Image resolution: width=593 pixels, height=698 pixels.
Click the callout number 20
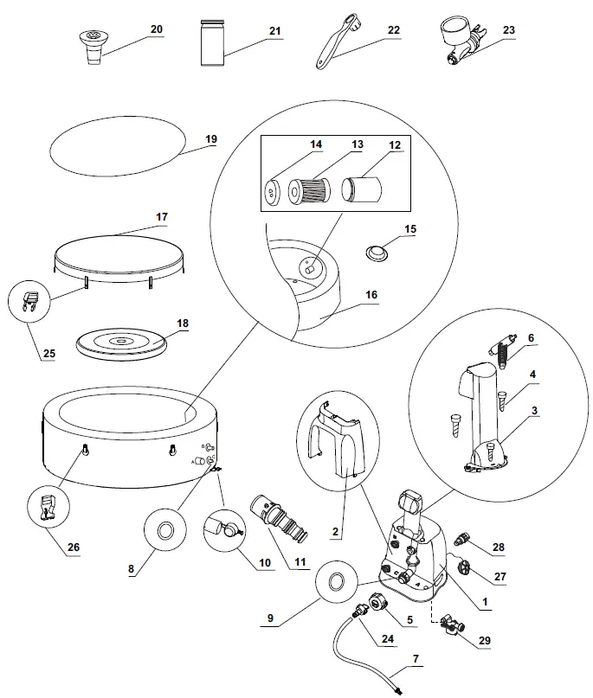(x=156, y=29)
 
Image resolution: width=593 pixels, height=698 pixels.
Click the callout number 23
(x=508, y=30)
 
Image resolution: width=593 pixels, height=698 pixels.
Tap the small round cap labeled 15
(x=377, y=253)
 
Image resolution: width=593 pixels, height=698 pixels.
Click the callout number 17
(x=162, y=215)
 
